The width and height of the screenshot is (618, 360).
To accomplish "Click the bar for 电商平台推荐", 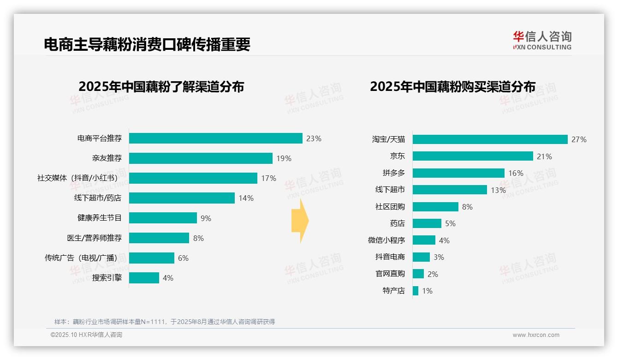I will pyautogui.click(x=215, y=138).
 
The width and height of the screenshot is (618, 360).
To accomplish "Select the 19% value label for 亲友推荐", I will pyautogui.click(x=284, y=158).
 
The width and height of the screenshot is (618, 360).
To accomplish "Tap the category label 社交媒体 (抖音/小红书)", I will pyautogui.click(x=79, y=178).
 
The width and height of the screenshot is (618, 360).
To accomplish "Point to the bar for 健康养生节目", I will pyautogui.click(x=163, y=218).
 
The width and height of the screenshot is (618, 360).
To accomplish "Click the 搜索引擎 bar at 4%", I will pyautogui.click(x=144, y=278).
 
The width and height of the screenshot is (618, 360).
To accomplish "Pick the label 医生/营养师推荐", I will pyautogui.click(x=94, y=238).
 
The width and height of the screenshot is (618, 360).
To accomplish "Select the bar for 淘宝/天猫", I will pyautogui.click(x=490, y=139).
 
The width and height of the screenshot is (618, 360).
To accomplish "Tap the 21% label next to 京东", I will pyautogui.click(x=544, y=156).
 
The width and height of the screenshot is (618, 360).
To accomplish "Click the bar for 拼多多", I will pyautogui.click(x=458, y=173).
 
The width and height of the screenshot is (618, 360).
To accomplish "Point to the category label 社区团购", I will pyautogui.click(x=390, y=207).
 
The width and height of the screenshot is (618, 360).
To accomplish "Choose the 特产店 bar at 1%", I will pyautogui.click(x=416, y=291).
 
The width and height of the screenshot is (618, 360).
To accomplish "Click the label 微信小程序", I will pyautogui.click(x=386, y=240).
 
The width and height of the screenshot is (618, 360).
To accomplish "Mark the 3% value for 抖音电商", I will pyautogui.click(x=439, y=257).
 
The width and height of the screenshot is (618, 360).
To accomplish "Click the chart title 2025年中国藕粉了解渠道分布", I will pyautogui.click(x=161, y=87).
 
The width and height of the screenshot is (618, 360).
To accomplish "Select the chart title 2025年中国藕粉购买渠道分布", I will pyautogui.click(x=452, y=87).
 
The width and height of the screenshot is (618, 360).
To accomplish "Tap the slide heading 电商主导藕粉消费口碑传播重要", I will pyautogui.click(x=147, y=44).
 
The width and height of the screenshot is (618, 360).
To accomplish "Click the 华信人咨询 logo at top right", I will pyautogui.click(x=542, y=40).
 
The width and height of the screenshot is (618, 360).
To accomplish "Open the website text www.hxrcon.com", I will pyautogui.click(x=535, y=335).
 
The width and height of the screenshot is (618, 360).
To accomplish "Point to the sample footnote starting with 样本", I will pyautogui.click(x=164, y=322).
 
